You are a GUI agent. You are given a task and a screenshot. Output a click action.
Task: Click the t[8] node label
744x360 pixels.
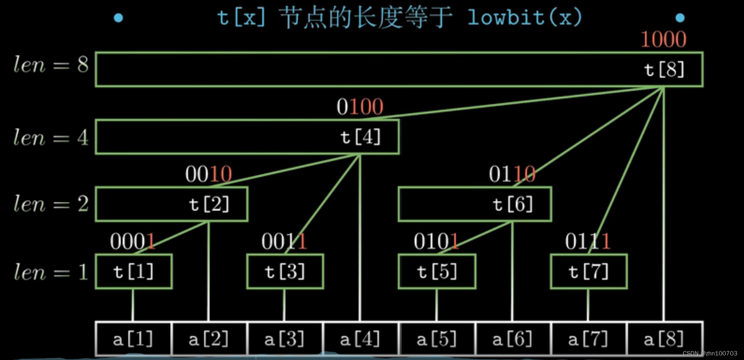pos(664,70)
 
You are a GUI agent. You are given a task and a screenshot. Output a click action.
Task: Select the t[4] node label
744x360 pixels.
pos(361,137)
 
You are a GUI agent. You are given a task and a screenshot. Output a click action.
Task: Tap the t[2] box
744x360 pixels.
pos(172,204)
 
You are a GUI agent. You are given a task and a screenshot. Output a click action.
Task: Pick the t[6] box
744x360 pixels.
pos(475,204)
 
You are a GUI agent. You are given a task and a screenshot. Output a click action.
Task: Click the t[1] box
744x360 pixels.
pos(134,271)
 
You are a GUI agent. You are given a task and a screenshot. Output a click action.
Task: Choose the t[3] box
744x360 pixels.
pos(285,271)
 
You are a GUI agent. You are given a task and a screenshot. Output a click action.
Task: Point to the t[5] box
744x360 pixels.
pos(437,271)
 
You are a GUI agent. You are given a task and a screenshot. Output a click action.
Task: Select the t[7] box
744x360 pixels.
pos(589,271)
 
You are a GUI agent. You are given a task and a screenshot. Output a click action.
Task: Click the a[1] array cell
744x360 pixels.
pos(133,339)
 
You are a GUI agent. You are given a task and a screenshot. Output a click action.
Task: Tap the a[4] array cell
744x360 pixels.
pos(361,339)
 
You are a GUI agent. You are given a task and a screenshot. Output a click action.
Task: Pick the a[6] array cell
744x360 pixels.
pos(513,339)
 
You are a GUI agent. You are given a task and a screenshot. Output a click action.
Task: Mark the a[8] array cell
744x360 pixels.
pos(664,339)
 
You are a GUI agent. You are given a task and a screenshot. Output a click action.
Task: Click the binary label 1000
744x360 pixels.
pos(663,39)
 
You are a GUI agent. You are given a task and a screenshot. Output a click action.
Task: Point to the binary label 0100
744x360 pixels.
pos(360,107)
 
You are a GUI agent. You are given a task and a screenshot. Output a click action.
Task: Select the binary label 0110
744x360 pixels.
pos(512,174)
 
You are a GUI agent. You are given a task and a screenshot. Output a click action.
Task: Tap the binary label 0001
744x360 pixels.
pos(133,242)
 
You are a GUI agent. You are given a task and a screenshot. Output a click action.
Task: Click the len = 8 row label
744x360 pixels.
pos(51,65)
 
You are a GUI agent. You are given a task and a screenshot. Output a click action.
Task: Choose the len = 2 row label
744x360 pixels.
pos(51,204)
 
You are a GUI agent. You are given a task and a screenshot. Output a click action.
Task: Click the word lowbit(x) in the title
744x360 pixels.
pos(525,18)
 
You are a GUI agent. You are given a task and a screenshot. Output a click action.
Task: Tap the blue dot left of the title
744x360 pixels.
pos(119,18)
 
